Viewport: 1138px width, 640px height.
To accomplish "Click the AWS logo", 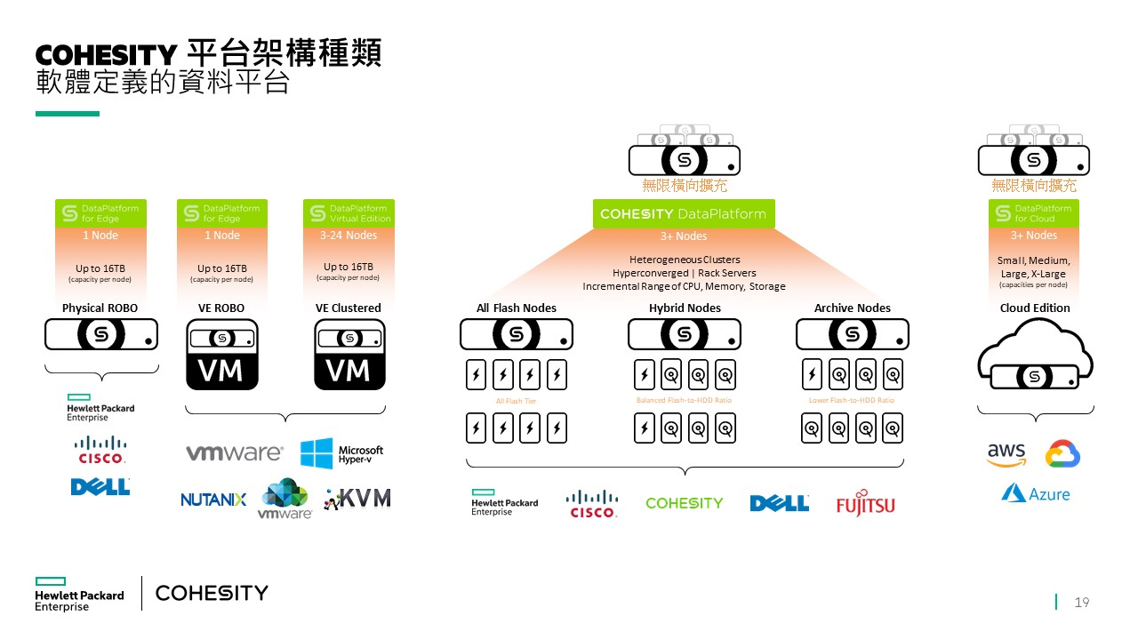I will (x=1006, y=454).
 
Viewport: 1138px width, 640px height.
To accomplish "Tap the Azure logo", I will (x=1036, y=493).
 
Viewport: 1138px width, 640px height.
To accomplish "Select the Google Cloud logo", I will (x=1062, y=453).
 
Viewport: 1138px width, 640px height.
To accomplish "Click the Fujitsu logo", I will (x=865, y=504).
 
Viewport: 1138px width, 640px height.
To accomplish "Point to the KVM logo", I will (x=357, y=499).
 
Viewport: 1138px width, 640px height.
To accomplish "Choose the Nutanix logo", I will (x=213, y=500).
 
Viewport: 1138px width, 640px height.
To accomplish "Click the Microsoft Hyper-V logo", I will (x=341, y=454).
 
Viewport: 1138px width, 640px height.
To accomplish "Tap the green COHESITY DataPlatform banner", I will (x=684, y=213).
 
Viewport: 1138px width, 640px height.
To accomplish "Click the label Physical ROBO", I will (x=100, y=308).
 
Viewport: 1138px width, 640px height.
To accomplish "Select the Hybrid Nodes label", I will (x=685, y=308).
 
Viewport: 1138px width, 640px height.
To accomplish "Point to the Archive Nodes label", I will (x=852, y=308).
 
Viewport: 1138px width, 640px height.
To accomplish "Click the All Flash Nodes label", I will (x=516, y=308).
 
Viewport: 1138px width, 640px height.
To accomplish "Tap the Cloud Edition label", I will (x=1034, y=308).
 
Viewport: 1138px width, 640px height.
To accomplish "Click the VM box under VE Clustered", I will (x=349, y=355).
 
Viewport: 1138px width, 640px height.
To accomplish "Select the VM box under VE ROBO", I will (x=221, y=355).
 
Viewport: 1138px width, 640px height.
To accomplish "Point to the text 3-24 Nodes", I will (x=349, y=236).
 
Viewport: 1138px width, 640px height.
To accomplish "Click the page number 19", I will (x=1082, y=603).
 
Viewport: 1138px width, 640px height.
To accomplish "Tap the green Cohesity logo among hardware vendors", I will (x=684, y=503).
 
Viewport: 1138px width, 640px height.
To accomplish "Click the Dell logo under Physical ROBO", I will (x=100, y=486).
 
